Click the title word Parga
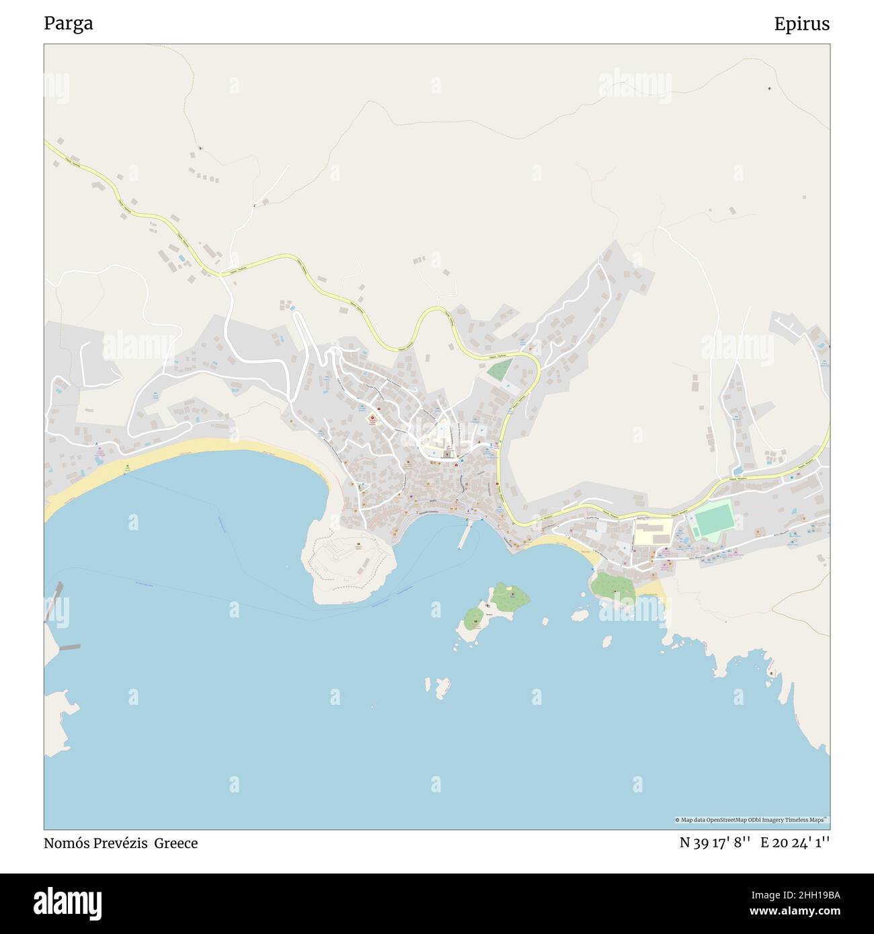coord(69,24)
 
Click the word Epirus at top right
coord(801,24)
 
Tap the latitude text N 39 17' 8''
coord(715,843)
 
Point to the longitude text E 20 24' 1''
coord(795,843)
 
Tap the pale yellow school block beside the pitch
coord(653,532)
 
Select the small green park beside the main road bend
coord(500,370)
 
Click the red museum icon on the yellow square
coord(372,419)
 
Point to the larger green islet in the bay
coord(509,597)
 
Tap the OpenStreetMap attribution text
coord(751,820)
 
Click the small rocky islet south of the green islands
coord(441,687)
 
